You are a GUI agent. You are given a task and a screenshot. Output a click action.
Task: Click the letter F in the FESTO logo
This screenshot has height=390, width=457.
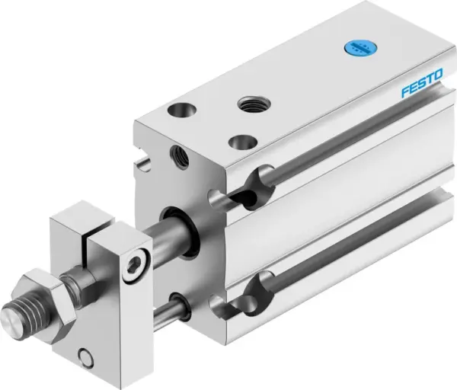click(405, 94)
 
